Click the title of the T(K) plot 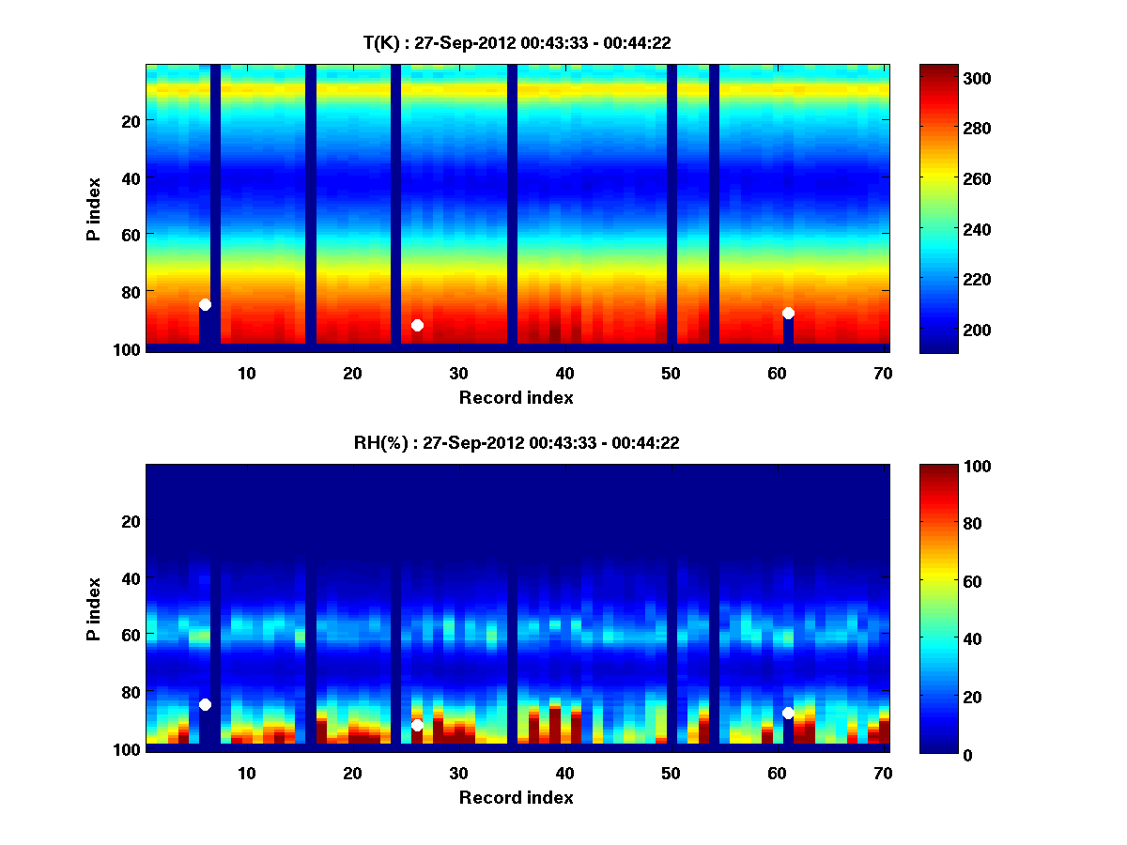point(517,42)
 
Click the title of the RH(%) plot point(517,442)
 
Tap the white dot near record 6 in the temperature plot point(205,304)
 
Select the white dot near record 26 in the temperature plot point(417,325)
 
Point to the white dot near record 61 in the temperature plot point(788,313)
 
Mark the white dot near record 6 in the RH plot point(205,704)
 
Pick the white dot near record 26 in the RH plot point(417,725)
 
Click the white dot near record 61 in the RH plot point(788,713)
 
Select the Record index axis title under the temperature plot point(517,397)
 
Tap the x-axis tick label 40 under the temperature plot point(564,373)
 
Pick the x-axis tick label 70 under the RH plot point(883,773)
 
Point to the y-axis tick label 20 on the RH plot point(131,521)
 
